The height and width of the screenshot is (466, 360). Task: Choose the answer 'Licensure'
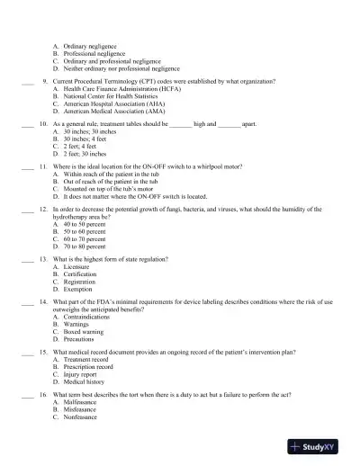pos(77,267)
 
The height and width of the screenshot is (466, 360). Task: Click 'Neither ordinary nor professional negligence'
pos(121,67)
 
